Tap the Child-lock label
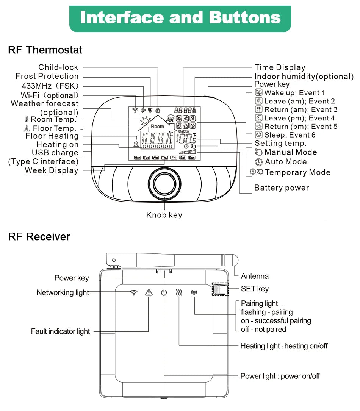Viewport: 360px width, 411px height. pos(58,67)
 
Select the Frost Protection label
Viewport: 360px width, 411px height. pos(47,77)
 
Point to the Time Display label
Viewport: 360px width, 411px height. pos(280,67)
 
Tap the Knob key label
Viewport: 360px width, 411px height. pos(164,215)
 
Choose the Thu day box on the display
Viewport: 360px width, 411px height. pos(164,158)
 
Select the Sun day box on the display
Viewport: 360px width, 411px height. pos(192,158)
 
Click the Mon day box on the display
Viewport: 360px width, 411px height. pos(137,158)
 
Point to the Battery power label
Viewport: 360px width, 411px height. pos(282,188)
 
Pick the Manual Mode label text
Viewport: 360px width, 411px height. pos(291,152)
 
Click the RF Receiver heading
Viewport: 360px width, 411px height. pos(39,237)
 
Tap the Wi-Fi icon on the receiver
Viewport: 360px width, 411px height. pos(133,292)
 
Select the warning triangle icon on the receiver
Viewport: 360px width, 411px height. pos(149,292)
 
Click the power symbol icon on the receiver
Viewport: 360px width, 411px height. pos(164,292)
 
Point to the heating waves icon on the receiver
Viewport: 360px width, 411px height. pos(179,292)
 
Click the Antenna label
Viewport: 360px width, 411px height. pos(255,276)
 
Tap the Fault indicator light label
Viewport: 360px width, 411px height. pos(60,331)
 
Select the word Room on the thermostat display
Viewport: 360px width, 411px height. pos(157,127)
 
